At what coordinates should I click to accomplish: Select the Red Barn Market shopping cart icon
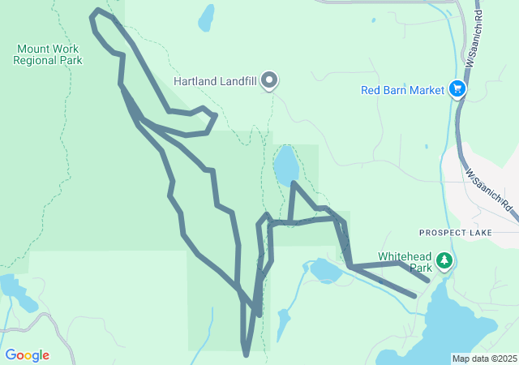pos(458,89)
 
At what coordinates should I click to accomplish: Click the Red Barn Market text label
pos(403,90)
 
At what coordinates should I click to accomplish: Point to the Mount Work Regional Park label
pos(47,54)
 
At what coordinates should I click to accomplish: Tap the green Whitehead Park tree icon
pos(444,260)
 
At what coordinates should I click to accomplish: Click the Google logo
pos(27,355)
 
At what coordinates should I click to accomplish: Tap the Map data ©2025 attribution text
pos(484,359)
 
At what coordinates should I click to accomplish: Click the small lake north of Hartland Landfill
pos(207,16)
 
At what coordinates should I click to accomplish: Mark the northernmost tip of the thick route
pos(97,11)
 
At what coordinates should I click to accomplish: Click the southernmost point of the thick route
pos(246,354)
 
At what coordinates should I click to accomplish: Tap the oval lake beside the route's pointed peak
pos(285,165)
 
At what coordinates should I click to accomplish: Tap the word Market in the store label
pos(427,90)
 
